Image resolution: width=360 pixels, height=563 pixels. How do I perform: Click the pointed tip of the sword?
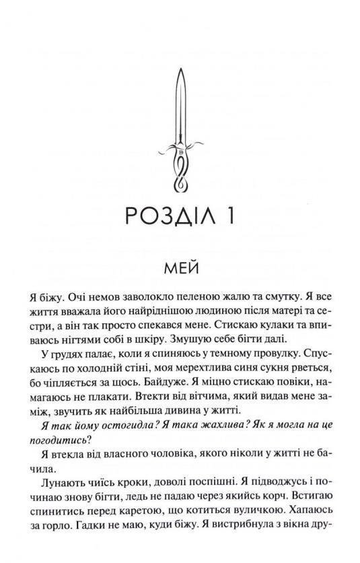[x=180, y=67]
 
